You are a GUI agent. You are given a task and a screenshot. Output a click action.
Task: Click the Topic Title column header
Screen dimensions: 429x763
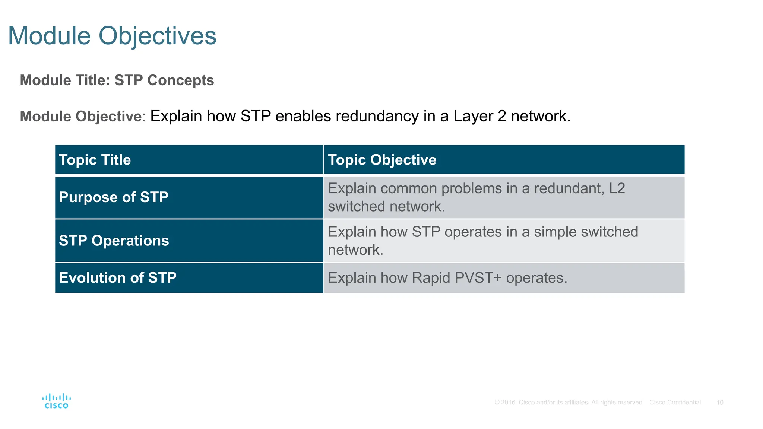coord(95,160)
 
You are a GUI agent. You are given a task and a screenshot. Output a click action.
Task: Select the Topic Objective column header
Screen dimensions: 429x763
coord(382,160)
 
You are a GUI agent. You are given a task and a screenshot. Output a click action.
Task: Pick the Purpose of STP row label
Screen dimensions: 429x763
coord(114,197)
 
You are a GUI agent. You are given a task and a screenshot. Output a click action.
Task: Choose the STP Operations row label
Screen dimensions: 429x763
coord(114,241)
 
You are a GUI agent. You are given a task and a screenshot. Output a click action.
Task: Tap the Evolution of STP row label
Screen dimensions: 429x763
coord(118,278)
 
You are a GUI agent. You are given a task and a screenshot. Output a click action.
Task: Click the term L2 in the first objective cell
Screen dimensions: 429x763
coord(617,188)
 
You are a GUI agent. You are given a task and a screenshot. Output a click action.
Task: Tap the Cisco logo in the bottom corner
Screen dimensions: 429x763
coord(57,401)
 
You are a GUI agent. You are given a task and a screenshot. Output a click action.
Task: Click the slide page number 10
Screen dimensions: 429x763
coord(720,403)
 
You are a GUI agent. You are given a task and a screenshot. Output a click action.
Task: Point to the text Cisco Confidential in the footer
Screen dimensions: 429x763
coord(675,403)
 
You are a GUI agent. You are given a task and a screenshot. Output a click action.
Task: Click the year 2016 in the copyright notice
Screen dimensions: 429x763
coord(508,403)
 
